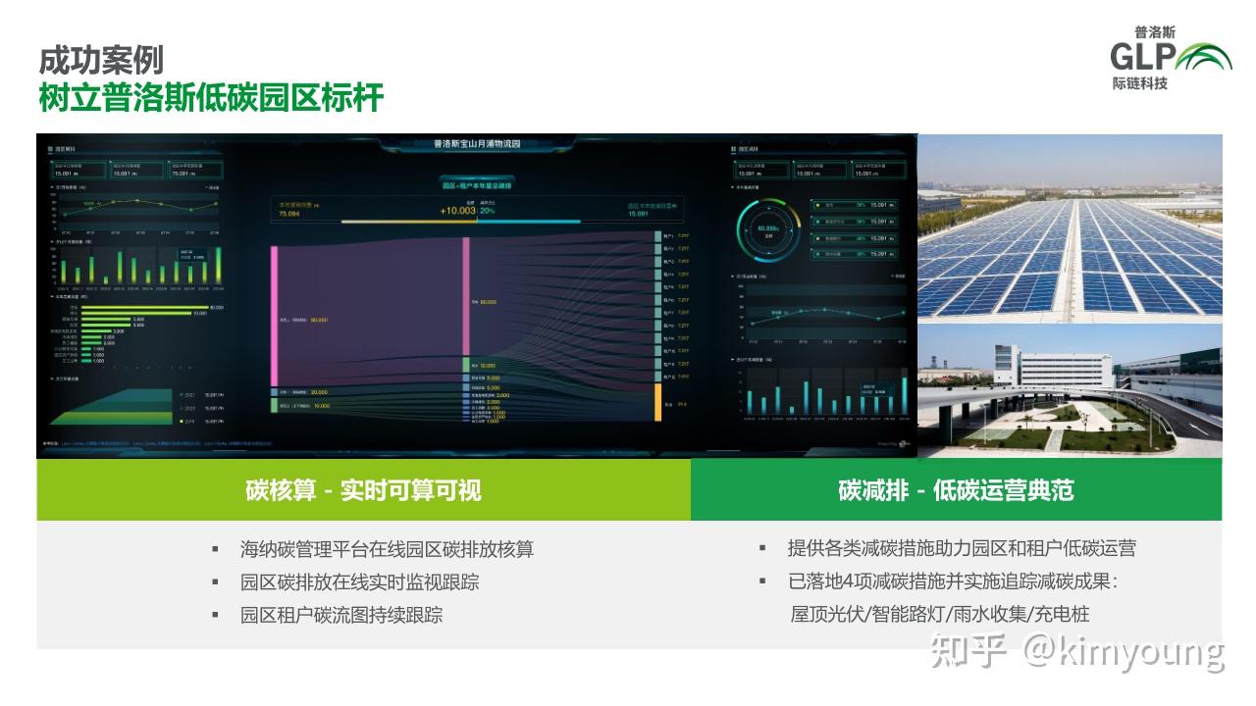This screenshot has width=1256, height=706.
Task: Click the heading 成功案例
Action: [101, 61]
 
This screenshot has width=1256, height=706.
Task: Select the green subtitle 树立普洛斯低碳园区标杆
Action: [210, 99]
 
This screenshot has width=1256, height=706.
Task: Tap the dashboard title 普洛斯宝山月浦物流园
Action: [477, 144]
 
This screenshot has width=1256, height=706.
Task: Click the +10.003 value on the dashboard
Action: [457, 211]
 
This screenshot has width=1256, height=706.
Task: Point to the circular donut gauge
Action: [761, 230]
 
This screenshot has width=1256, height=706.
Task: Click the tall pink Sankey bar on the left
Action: [275, 315]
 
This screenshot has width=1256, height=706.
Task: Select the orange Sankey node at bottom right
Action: [658, 402]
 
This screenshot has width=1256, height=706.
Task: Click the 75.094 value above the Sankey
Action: [289, 214]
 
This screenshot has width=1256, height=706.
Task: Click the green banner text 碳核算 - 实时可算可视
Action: [363, 490]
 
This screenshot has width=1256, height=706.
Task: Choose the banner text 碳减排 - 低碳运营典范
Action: [956, 490]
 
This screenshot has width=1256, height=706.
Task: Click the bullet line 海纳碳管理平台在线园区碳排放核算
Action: [387, 549]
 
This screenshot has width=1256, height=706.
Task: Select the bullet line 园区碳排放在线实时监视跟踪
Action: [359, 581]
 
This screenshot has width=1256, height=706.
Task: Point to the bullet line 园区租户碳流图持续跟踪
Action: [340, 615]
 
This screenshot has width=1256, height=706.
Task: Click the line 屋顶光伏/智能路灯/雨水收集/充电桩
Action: [939, 614]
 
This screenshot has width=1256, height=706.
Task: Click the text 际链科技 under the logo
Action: [1140, 84]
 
